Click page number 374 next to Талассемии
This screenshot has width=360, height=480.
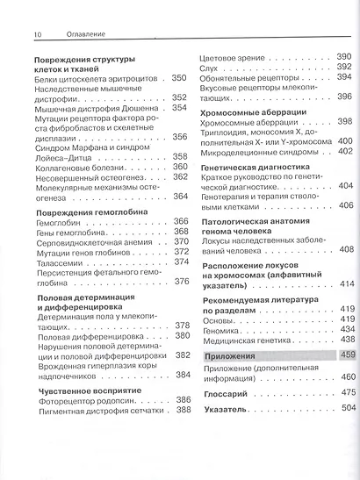181,261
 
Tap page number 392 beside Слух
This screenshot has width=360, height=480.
344,66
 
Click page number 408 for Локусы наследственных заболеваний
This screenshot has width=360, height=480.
345,249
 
